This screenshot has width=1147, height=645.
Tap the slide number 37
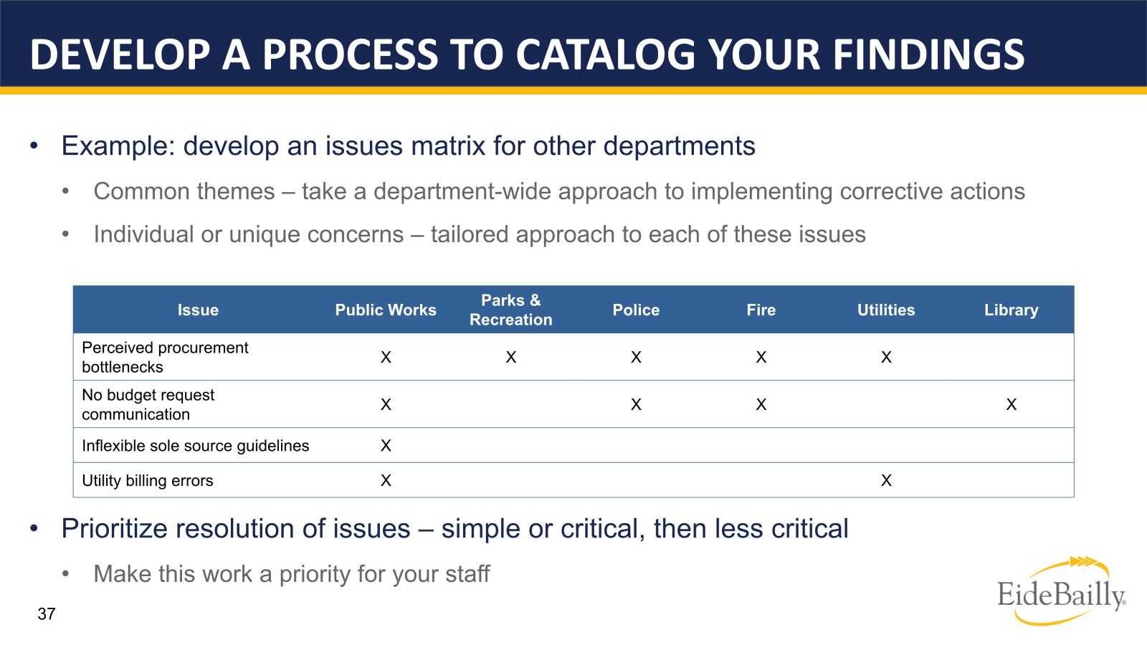coord(47,614)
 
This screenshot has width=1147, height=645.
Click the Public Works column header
coord(386,310)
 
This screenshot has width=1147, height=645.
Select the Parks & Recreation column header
coord(510,310)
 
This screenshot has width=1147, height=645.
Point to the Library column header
coord(1011,310)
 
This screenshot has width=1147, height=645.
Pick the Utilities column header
coord(886,310)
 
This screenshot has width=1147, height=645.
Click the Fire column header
coord(761,310)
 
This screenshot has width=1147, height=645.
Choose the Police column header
coord(636,310)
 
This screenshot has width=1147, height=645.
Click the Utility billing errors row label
coord(148,481)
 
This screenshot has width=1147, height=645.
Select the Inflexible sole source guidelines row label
coord(196,446)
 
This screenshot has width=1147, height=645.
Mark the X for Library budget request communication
coord(1011,405)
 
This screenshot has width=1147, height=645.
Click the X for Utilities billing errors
coord(886,481)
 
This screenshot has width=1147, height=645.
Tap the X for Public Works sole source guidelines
coord(386,446)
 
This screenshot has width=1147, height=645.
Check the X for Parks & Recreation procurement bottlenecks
coord(510,358)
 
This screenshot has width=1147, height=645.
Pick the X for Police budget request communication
coord(636,405)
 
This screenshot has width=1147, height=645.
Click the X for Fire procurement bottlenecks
coord(761,358)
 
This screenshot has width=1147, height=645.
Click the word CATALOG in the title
coord(606,55)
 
